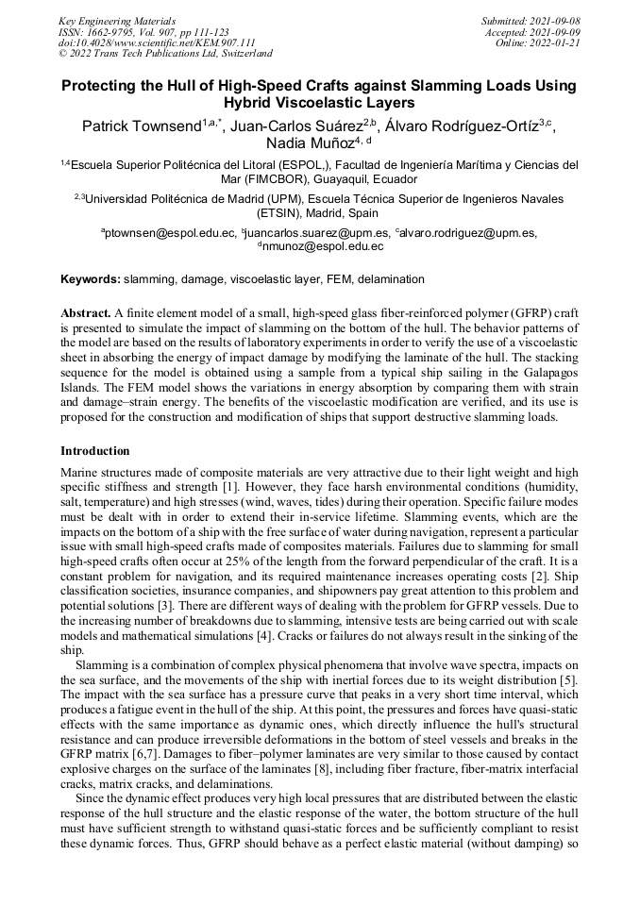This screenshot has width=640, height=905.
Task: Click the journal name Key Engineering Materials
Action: pyautogui.click(x=116, y=20)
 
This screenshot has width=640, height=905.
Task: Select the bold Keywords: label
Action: pyautogui.click(x=91, y=279)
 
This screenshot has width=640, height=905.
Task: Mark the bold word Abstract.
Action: pyautogui.click(x=86, y=311)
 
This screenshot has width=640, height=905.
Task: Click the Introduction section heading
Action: pyautogui.click(x=95, y=450)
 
